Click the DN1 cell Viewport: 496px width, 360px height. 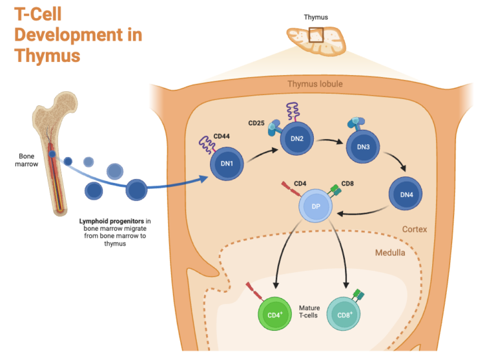227,164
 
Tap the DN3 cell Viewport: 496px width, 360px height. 363,146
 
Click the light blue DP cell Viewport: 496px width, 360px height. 316,207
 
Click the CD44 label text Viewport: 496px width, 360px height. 222,136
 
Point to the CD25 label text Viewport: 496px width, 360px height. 258,123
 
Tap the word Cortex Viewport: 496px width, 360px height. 415,229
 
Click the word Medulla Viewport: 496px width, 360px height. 390,253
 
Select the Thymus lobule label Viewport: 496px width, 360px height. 315,85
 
